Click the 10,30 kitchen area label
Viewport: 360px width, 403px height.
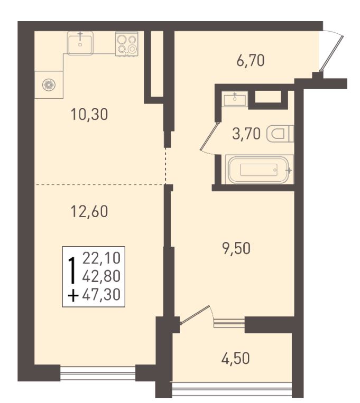(89, 115)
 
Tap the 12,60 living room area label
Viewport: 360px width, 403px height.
(89, 211)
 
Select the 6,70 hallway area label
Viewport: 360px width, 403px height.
(251, 61)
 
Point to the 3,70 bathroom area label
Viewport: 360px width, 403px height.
(246, 134)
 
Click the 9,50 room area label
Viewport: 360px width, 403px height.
(236, 249)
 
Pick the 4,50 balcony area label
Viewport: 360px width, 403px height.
(235, 359)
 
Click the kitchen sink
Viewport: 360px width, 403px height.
(80, 43)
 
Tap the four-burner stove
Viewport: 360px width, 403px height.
(126, 44)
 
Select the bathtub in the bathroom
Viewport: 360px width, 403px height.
(259, 170)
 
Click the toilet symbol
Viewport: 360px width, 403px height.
(280, 134)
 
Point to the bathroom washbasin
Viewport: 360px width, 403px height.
(235, 99)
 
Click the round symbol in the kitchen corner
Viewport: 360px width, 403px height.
(49, 85)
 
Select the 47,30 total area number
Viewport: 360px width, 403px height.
(101, 295)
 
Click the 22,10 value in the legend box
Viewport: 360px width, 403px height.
(101, 258)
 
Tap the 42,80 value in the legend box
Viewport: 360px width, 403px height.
(101, 276)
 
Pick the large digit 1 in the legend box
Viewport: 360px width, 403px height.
(73, 270)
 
